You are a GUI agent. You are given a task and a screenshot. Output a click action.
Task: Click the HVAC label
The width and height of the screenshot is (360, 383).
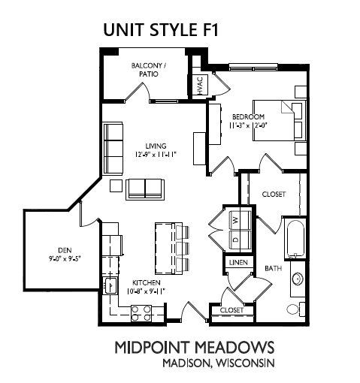[201, 86]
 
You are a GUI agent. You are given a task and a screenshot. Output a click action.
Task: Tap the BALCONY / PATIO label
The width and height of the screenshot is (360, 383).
[149, 70]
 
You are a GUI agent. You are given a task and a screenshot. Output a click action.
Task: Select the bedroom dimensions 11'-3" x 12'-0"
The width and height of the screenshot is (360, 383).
[247, 125]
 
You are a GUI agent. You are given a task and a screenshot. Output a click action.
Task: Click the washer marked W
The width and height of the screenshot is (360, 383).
[241, 220]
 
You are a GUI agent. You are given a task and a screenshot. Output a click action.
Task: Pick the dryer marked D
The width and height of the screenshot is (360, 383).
[241, 240]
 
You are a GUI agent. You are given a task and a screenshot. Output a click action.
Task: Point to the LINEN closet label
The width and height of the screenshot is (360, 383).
[238, 262]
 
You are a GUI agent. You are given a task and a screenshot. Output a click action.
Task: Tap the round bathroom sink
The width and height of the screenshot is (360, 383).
[298, 279]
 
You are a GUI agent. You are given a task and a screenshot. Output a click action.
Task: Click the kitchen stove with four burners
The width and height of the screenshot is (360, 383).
[141, 313]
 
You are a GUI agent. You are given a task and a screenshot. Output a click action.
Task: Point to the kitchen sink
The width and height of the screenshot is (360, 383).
[110, 285]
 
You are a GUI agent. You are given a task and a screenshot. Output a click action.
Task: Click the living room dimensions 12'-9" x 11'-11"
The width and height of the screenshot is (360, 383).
[156, 155]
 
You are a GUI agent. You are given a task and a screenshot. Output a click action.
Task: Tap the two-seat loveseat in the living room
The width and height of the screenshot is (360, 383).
[145, 189]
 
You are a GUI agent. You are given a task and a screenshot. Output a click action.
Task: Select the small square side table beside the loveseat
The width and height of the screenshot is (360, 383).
[116, 186]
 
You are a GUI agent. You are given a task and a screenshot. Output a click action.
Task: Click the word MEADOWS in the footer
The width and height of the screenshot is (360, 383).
[234, 347]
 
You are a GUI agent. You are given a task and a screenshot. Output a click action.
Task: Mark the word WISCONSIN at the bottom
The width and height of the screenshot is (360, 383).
[246, 363]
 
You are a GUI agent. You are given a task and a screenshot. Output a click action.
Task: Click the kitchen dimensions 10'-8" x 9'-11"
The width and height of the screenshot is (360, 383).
[146, 291]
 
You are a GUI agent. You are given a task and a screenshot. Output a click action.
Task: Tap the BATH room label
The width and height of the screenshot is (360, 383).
[274, 268]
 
